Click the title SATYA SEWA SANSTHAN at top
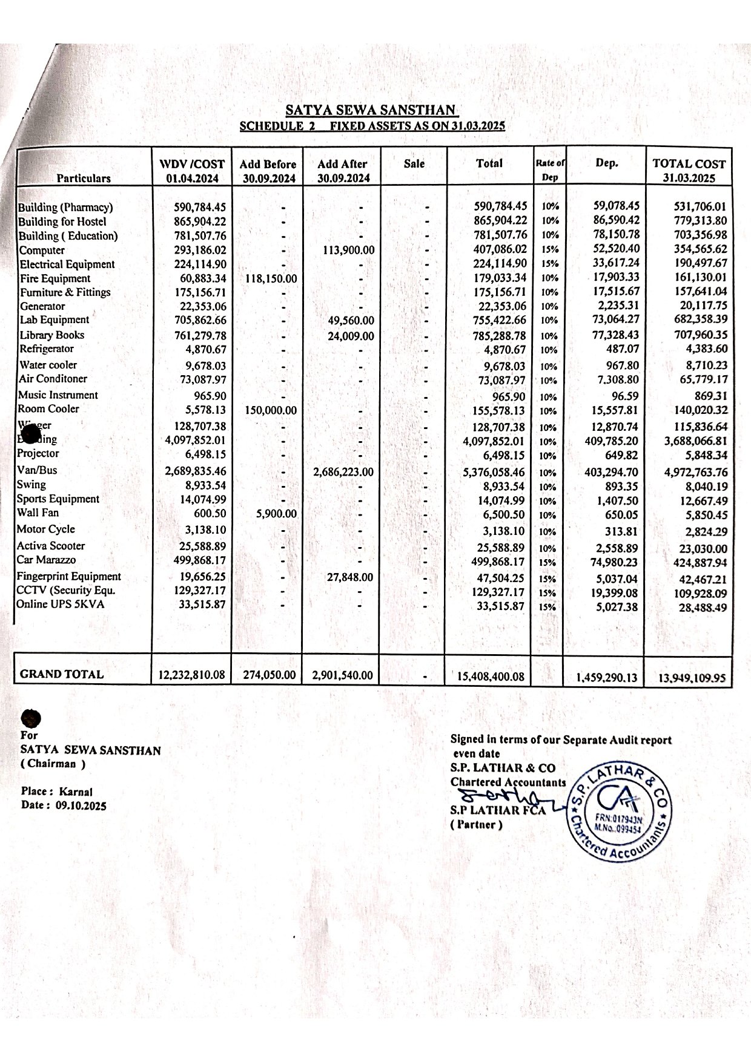(371, 110)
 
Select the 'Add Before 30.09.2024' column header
(268, 171)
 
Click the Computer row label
(42, 250)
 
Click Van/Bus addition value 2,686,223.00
(343, 472)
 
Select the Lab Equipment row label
(55, 320)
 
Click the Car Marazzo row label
(47, 560)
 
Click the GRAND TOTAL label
(62, 674)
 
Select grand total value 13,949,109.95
(692, 677)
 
